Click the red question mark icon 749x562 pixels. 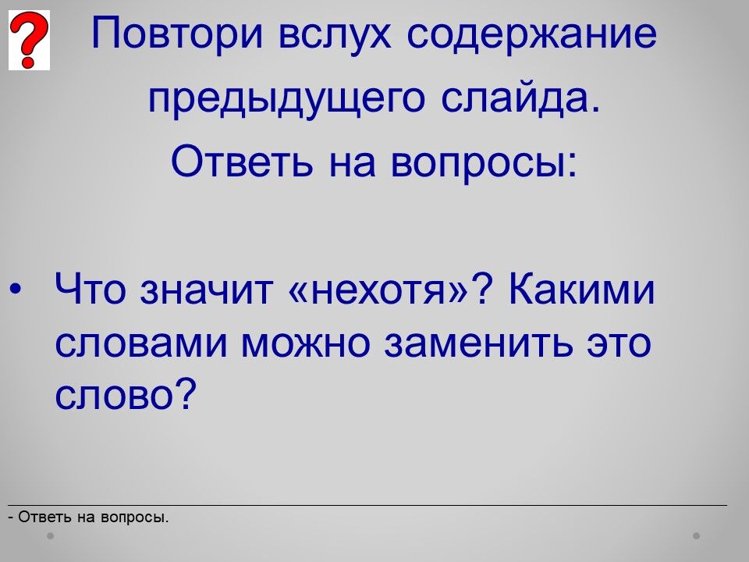click(x=29, y=40)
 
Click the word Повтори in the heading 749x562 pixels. click(x=177, y=34)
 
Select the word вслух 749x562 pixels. click(x=335, y=34)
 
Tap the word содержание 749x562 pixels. click(x=532, y=34)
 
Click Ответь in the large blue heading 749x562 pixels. click(x=242, y=161)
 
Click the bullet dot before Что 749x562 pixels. click(x=16, y=289)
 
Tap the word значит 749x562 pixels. click(x=206, y=290)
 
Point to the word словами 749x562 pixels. click(x=141, y=343)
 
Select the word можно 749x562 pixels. click(x=305, y=343)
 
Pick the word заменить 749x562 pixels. click(x=478, y=343)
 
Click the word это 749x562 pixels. click(x=619, y=343)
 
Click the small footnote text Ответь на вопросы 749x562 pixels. click(x=93, y=517)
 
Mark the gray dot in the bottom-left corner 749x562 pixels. click(x=50, y=535)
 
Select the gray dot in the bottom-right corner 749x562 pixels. click(x=697, y=535)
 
